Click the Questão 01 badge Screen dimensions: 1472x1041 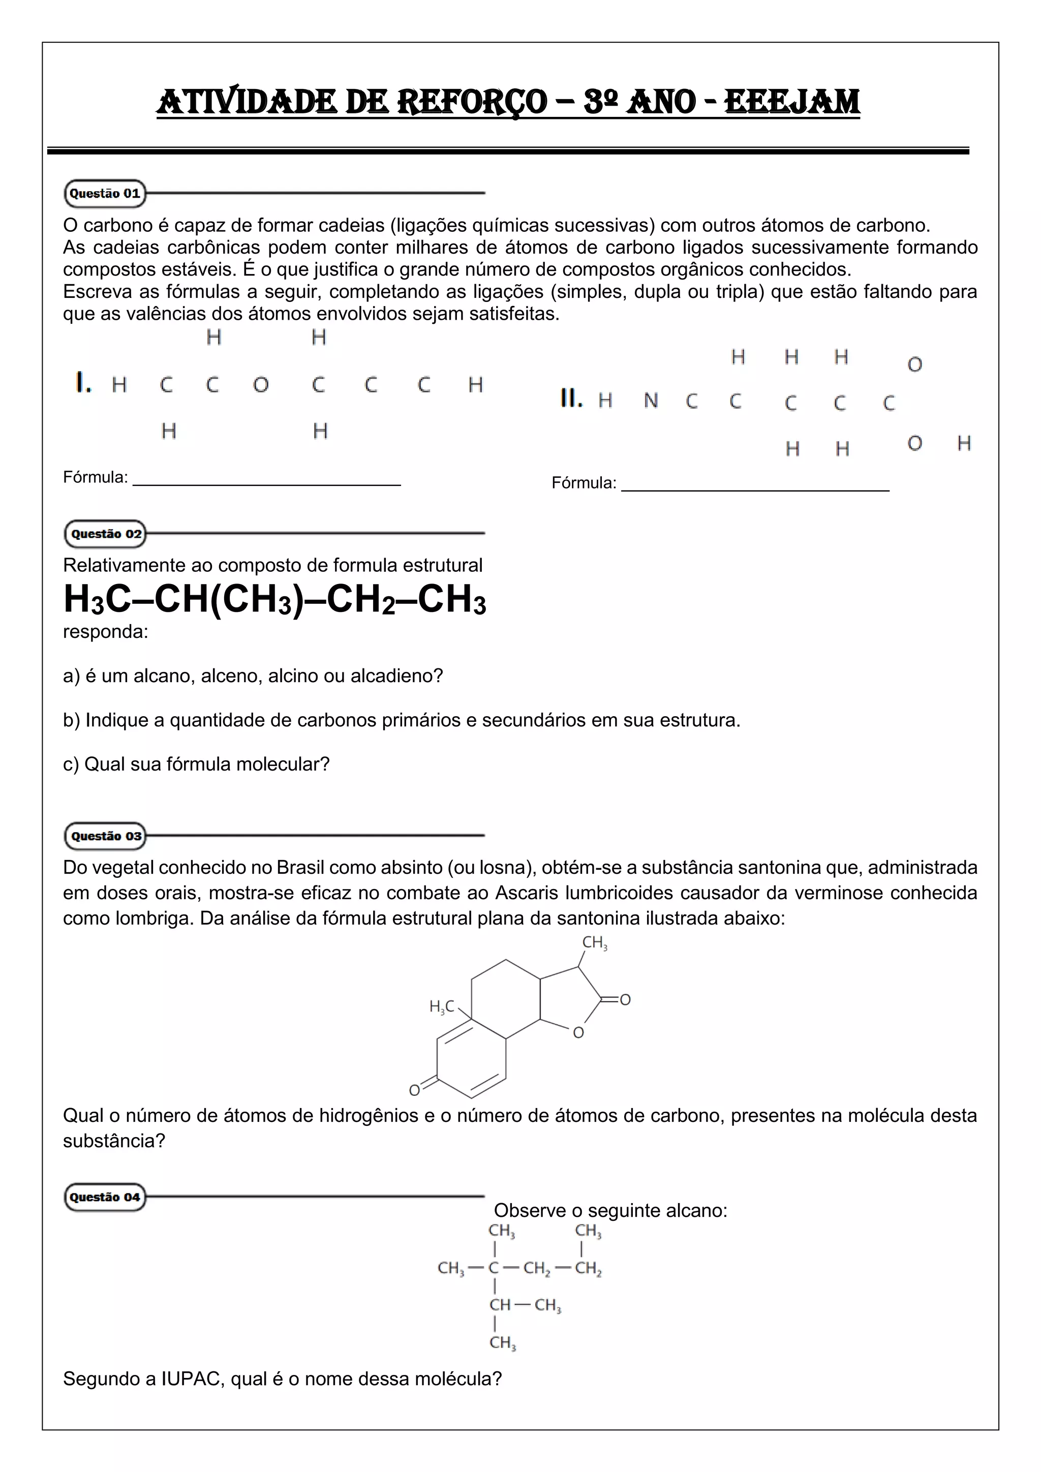point(105,194)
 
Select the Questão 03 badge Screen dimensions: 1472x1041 point(106,836)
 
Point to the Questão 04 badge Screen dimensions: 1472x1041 point(105,1197)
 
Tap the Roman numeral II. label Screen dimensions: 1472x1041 point(571,399)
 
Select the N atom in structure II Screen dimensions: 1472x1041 point(651,401)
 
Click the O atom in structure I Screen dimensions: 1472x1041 point(260,385)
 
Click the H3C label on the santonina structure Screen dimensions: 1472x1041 point(442,1006)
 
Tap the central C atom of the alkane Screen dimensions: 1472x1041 point(494,1268)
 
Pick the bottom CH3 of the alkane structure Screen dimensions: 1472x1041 point(503,1342)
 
